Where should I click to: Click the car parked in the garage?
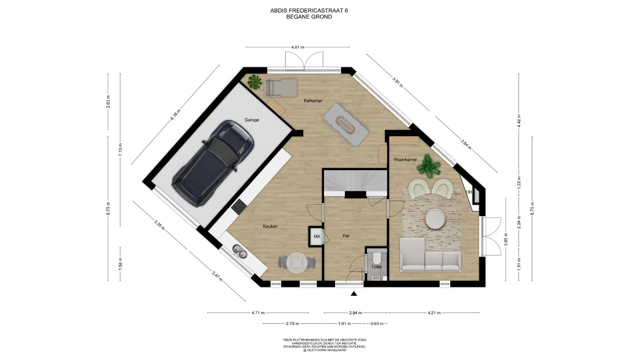(213, 164)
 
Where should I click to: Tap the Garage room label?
(252, 120)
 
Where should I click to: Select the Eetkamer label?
(313, 101)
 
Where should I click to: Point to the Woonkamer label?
(405, 160)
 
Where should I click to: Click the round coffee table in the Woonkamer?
(435, 219)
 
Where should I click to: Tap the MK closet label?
(317, 237)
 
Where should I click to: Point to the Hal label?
(346, 236)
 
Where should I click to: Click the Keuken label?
(270, 226)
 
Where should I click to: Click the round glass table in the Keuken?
(297, 263)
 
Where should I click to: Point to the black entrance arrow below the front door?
(354, 294)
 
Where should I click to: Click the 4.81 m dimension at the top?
(298, 47)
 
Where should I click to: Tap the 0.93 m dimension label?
(377, 323)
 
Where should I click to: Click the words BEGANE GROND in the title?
(309, 17)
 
